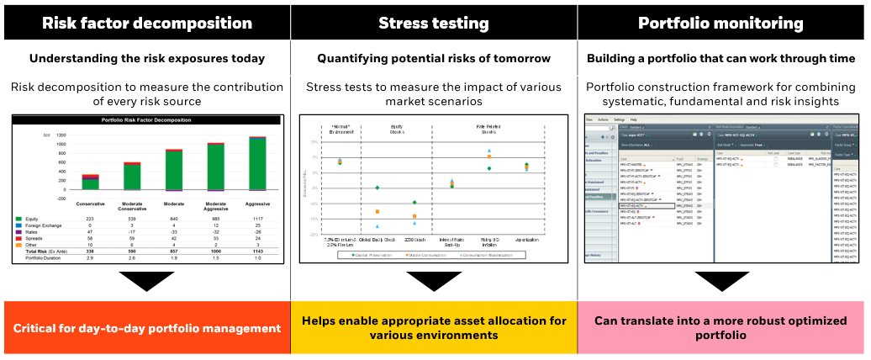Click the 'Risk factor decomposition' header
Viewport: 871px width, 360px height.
click(147, 23)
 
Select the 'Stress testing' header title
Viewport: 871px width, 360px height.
click(435, 23)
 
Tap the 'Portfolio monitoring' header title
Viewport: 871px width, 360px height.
click(722, 23)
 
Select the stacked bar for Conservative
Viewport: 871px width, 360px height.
click(90, 183)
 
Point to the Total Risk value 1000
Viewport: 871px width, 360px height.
click(216, 251)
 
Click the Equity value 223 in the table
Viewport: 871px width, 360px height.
click(90, 219)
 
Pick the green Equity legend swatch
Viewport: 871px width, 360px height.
click(19, 219)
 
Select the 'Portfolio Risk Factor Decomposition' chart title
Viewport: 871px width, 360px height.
click(147, 119)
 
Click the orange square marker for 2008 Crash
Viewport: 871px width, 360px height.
click(414, 217)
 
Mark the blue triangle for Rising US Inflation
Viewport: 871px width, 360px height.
click(488, 151)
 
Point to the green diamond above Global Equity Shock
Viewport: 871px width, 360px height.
click(377, 188)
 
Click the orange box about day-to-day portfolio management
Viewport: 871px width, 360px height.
click(147, 328)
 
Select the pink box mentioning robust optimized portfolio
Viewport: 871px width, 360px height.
click(722, 328)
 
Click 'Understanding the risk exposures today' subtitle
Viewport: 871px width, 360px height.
click(147, 59)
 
